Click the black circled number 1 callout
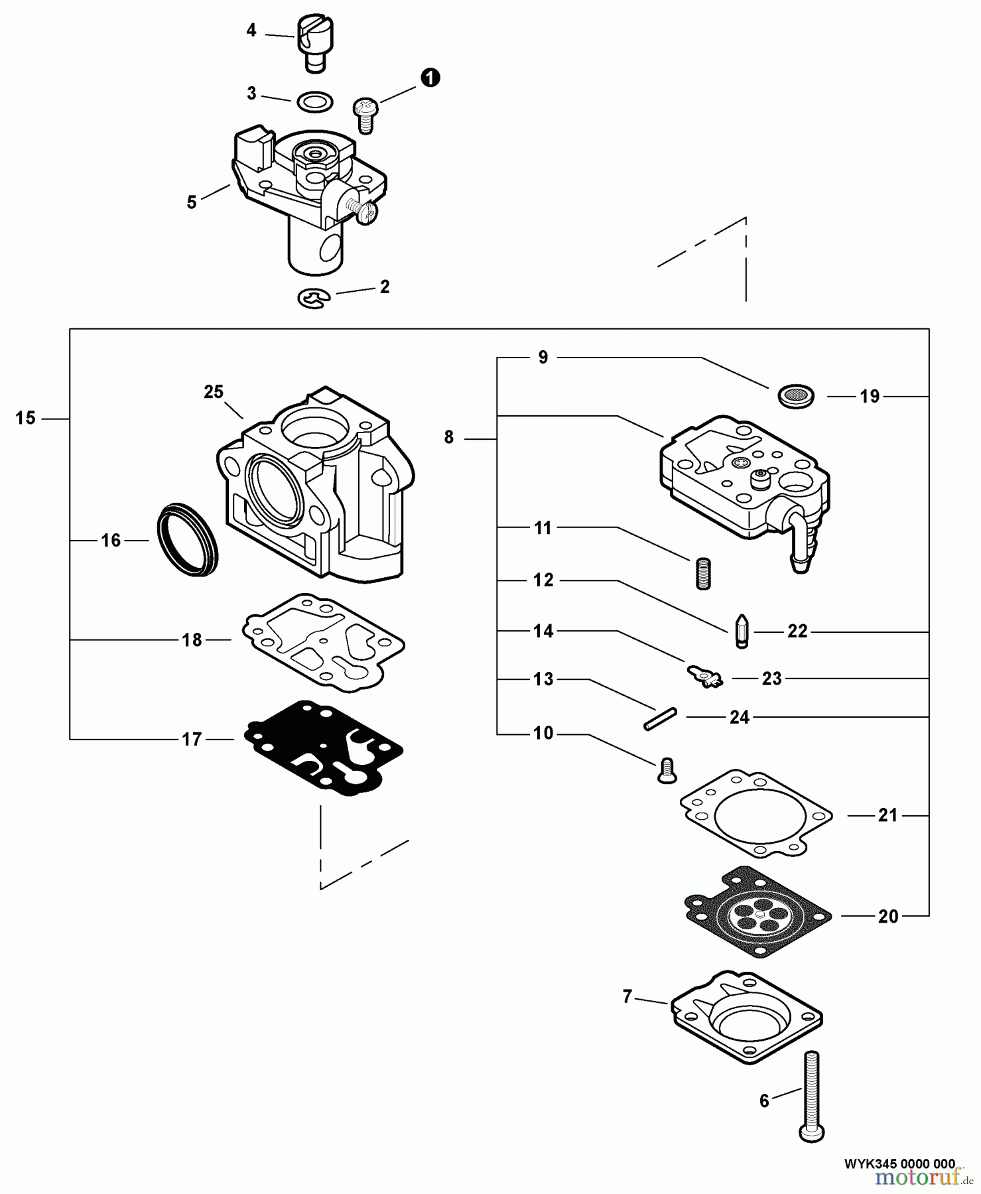[430, 78]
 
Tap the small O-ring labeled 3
[315, 102]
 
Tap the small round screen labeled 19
[795, 396]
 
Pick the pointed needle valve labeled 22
[742, 631]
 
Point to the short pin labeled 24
[659, 719]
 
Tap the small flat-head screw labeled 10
[667, 770]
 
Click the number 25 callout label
[214, 392]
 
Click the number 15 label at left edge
[25, 419]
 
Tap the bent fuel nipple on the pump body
[799, 541]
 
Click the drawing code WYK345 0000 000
[899, 1163]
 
